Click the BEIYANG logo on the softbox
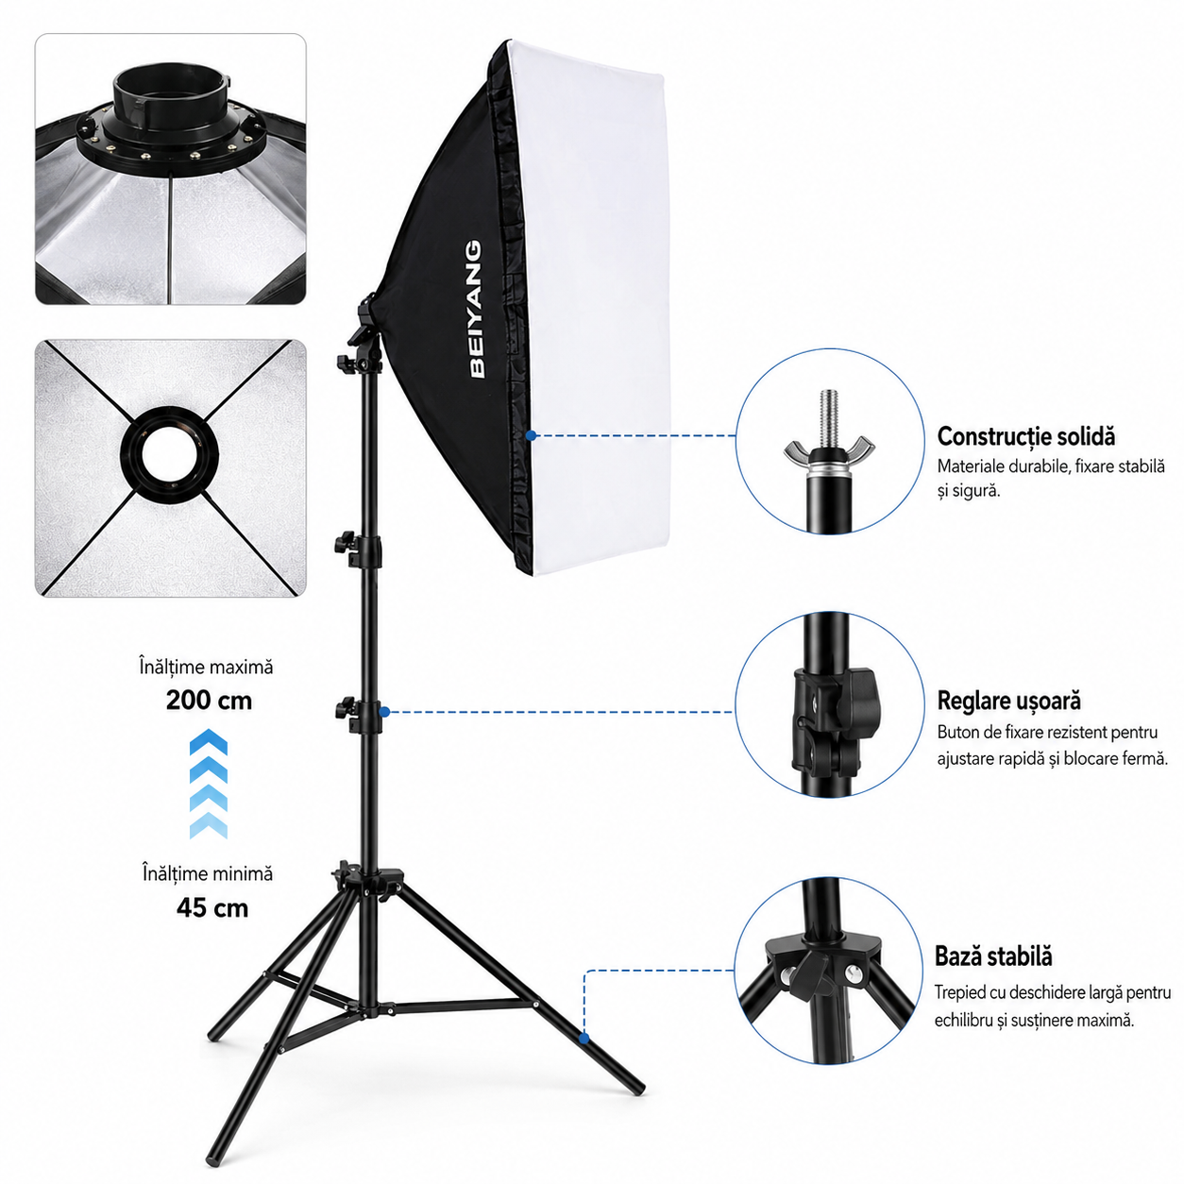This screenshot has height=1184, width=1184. [476, 309]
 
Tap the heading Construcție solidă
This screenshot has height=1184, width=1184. [1024, 437]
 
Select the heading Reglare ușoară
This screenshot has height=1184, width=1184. [1007, 702]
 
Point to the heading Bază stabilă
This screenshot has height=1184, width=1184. [993, 956]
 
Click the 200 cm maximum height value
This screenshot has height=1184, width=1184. [209, 701]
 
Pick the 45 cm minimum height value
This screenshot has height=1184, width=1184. [212, 908]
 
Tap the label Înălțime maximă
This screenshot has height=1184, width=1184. [206, 667]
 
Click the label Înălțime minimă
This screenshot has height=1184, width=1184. [207, 873]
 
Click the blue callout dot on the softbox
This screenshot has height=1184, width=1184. [532, 435]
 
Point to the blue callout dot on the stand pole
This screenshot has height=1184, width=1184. [384, 712]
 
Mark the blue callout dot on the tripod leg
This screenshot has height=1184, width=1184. [584, 1039]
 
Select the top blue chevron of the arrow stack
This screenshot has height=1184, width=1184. [209, 741]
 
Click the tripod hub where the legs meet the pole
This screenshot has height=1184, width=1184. [366, 882]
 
